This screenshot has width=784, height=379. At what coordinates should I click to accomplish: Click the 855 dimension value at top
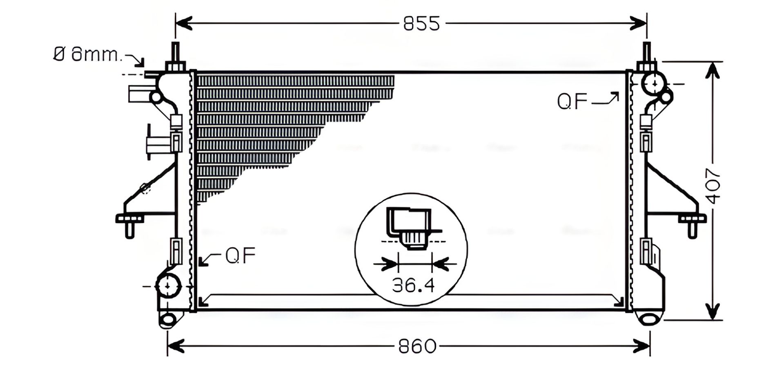click(x=421, y=24)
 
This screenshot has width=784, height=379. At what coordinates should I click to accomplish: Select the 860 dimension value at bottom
click(x=417, y=347)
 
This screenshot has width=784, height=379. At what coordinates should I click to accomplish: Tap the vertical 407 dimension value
click(x=714, y=186)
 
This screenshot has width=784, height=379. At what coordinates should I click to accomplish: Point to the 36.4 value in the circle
click(x=413, y=285)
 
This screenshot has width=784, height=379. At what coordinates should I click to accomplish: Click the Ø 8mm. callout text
click(x=87, y=54)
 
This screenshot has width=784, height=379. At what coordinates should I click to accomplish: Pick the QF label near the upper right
click(x=572, y=101)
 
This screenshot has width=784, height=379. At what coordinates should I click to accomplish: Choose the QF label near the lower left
click(x=241, y=255)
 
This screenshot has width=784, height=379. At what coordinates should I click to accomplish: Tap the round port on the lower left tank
click(x=168, y=286)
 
